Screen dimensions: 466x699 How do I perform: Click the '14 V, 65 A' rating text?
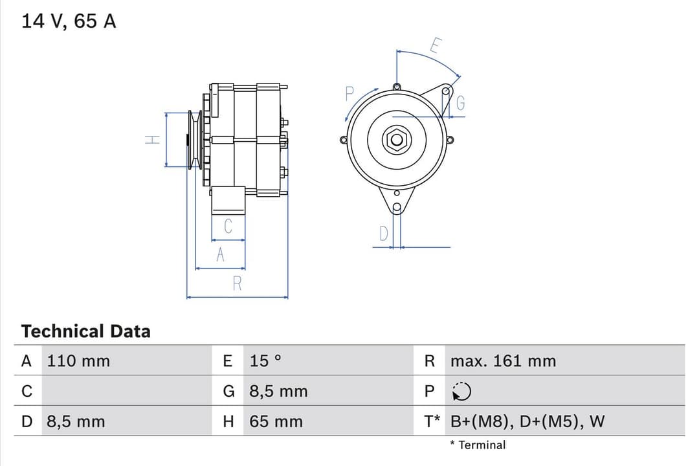tap(69, 21)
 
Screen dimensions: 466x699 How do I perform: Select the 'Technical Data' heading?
tap(85, 331)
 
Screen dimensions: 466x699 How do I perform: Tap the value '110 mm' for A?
tap(78, 361)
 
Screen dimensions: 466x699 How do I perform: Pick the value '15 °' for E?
tap(265, 361)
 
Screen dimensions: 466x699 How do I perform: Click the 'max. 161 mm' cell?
tap(503, 361)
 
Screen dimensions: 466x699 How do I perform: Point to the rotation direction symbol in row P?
tap(461, 392)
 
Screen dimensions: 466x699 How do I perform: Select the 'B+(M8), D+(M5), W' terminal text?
tap(527, 422)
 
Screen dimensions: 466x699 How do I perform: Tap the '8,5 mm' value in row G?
tap(278, 392)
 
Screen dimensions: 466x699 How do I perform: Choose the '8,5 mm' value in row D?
tap(75, 422)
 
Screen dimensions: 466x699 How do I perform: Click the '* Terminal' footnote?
tap(478, 445)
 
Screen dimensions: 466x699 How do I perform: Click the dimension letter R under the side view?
tap(237, 283)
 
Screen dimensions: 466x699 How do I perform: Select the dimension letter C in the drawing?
tap(228, 227)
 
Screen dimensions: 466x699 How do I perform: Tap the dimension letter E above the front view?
tap(436, 46)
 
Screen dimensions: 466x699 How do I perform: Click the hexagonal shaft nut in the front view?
tap(396, 139)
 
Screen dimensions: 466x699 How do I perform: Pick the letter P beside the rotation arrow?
tap(349, 94)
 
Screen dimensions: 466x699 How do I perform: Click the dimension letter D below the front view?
tap(383, 234)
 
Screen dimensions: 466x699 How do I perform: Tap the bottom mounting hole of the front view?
tap(397, 207)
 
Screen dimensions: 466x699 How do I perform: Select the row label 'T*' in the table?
tap(432, 422)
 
